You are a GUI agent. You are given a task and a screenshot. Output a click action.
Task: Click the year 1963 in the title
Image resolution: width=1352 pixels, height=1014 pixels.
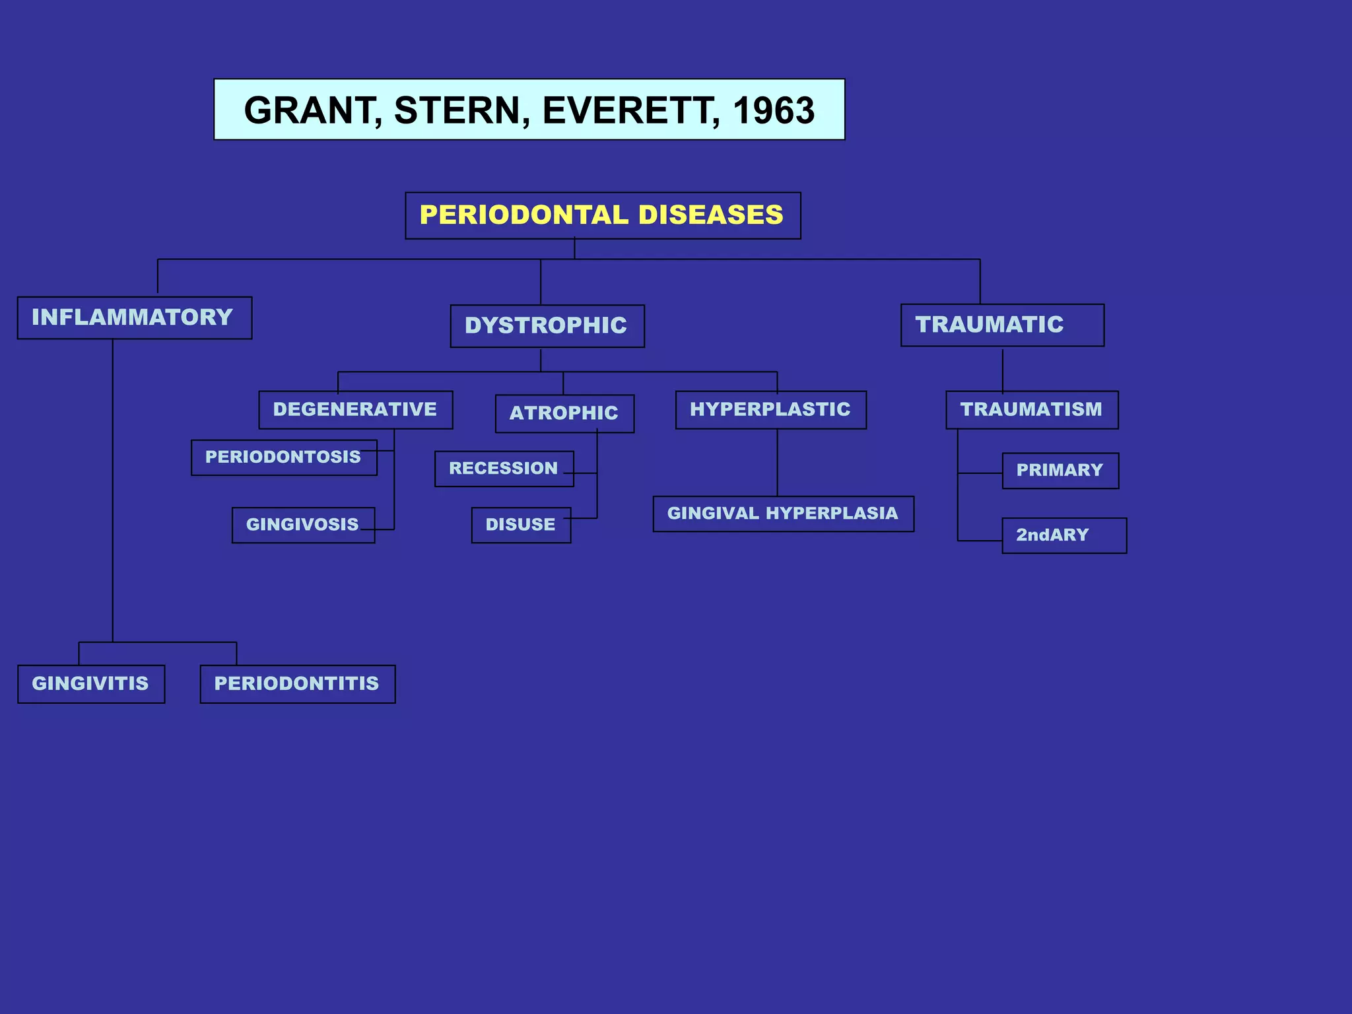[774, 110]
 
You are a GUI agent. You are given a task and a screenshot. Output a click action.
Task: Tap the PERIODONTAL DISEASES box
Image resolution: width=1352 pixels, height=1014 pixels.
[602, 216]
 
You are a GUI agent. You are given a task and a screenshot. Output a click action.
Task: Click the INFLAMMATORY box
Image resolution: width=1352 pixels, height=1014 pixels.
[134, 318]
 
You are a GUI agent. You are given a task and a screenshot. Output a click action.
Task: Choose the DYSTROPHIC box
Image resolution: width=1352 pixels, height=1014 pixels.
[547, 325]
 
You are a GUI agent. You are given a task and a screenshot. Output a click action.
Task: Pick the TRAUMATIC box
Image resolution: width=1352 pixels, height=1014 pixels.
[1001, 325]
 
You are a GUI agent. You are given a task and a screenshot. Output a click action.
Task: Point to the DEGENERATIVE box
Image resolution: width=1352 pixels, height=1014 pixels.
[355, 409]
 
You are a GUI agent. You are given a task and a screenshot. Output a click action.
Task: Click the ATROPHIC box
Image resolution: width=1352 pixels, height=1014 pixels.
[564, 413]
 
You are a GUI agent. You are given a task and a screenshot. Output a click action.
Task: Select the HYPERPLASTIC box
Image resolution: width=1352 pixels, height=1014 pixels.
[770, 409]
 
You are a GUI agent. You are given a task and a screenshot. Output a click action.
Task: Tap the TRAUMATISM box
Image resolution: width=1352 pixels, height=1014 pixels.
[1031, 409]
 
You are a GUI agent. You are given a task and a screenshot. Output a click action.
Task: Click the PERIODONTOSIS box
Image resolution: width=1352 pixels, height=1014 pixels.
[283, 457]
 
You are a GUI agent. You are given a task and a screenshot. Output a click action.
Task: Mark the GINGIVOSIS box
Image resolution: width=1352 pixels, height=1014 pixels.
[302, 525]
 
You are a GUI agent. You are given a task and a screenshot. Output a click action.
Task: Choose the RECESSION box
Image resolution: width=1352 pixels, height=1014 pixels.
[504, 468]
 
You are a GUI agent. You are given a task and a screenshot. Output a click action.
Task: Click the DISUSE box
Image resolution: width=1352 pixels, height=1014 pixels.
[520, 525]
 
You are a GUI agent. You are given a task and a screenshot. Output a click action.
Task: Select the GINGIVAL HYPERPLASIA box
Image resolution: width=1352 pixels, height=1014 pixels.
[783, 514]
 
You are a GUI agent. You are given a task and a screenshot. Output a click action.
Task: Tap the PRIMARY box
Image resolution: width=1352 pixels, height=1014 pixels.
[1060, 470]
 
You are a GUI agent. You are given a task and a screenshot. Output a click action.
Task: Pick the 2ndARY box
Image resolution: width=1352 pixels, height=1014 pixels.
[1063, 535]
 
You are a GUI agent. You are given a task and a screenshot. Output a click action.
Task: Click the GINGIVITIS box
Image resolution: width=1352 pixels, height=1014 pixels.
[91, 683]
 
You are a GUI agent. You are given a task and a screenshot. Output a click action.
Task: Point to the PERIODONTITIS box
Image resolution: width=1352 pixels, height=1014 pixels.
[297, 683]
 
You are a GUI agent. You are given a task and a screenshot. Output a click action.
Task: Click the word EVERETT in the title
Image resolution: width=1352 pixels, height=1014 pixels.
[630, 110]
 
